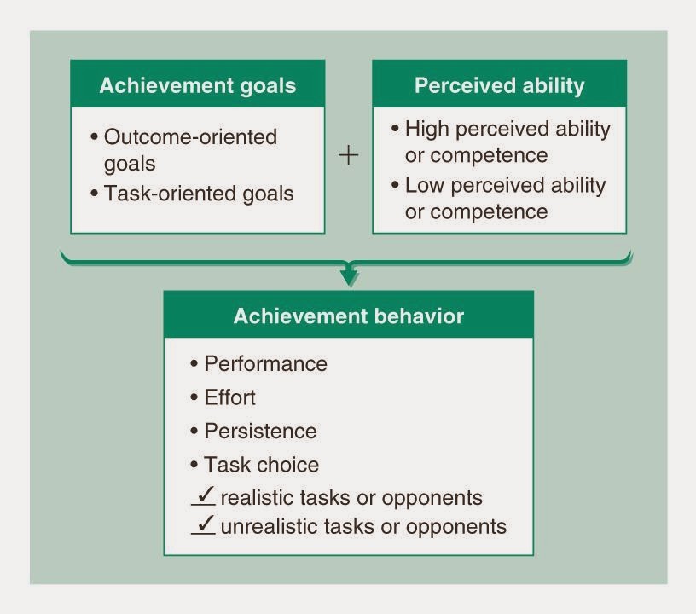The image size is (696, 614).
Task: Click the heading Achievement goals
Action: coord(197,85)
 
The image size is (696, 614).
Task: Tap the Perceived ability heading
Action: coord(499,85)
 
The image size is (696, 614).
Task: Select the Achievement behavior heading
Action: coord(348,316)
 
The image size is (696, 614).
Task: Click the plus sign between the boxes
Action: coord(349,156)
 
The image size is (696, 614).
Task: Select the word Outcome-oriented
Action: coord(190,136)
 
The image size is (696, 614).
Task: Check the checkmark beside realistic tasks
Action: coord(204,495)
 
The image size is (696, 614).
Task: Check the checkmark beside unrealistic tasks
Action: coord(204,524)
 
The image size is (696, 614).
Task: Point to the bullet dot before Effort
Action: coord(194,398)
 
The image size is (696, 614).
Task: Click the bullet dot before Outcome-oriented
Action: coord(95,137)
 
